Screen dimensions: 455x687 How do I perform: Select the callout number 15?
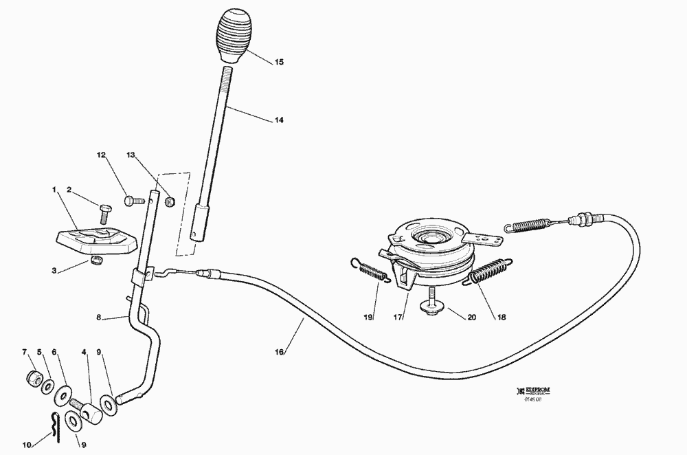[279, 62]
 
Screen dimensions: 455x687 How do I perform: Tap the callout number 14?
[279, 120]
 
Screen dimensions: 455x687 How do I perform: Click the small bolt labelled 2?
[104, 213]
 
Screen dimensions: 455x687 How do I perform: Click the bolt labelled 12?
[133, 201]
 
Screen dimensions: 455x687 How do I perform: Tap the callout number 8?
[99, 318]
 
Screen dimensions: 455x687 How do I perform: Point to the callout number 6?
[54, 353]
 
